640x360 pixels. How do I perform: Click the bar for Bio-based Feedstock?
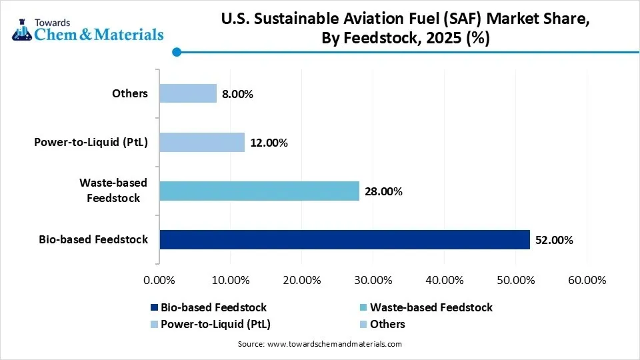pos(344,239)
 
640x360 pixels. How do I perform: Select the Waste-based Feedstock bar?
pos(259,191)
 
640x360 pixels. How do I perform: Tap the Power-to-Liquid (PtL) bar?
pos(201,142)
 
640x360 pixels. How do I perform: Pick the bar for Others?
pos(187,93)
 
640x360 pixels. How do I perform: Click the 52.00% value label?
pos(554,240)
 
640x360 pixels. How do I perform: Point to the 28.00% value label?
pos(383,192)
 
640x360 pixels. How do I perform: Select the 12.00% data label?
pos(269,143)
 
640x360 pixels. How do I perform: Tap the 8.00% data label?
pos(237,94)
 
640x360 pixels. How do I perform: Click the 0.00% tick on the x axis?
pos(159,280)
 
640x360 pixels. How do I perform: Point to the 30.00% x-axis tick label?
pos(373,280)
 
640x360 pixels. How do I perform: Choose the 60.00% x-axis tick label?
pos(587,280)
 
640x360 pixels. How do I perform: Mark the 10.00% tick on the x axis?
pos(230,280)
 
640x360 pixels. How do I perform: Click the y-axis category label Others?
pos(130,93)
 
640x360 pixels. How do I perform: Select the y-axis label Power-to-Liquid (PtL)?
pos(91,142)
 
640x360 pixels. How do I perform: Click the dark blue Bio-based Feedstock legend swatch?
pos(155,307)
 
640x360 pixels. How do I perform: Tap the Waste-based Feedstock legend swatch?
pos(363,307)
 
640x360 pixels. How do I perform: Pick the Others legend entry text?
pos(387,324)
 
